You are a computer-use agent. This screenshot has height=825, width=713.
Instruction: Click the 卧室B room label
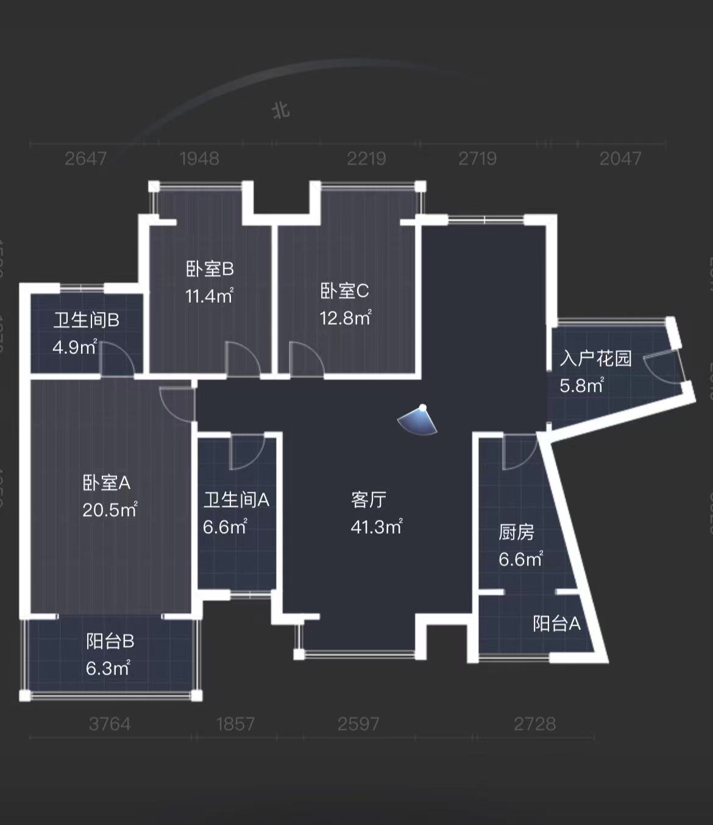point(210,269)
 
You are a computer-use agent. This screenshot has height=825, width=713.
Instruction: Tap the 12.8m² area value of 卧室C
point(345,317)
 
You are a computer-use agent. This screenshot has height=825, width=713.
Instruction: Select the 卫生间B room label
point(86,320)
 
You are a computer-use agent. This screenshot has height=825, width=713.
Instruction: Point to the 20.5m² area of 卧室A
point(110,509)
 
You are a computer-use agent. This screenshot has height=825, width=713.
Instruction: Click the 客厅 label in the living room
point(369,500)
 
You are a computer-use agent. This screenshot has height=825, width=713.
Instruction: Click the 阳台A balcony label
point(556,623)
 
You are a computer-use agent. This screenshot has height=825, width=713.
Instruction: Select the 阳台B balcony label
point(110,641)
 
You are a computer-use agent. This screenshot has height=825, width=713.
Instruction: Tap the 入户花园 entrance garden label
point(595,358)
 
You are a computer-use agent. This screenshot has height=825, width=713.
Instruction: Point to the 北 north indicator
point(280,110)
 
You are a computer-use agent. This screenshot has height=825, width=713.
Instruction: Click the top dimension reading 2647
point(85,158)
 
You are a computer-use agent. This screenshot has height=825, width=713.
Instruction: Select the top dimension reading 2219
point(366,158)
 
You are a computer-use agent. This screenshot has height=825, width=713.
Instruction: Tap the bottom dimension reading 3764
point(110,724)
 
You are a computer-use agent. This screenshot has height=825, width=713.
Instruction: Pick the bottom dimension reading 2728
point(534,724)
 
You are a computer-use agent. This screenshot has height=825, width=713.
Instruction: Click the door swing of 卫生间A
point(246,452)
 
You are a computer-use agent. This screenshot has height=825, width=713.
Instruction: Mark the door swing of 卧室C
point(306,359)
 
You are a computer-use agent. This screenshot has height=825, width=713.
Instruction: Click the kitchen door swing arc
point(519,452)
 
